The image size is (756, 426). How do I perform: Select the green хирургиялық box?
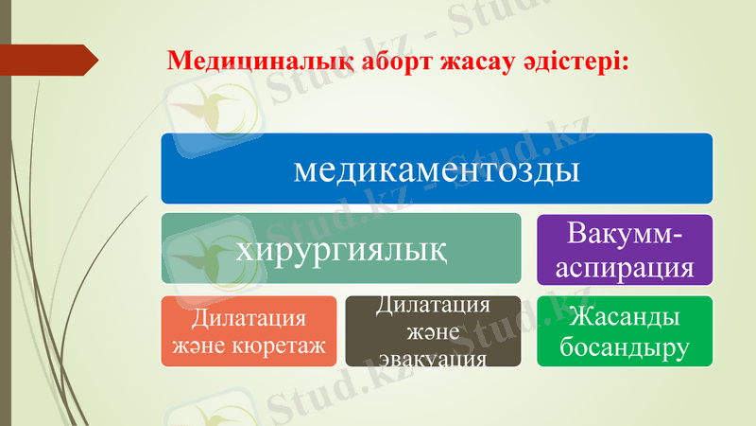pyautogui.click(x=340, y=249)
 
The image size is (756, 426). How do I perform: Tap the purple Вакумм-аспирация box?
pyautogui.click(x=624, y=249)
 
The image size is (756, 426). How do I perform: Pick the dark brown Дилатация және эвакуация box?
pyautogui.click(x=432, y=331)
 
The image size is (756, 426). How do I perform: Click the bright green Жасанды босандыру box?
pyautogui.click(x=624, y=331)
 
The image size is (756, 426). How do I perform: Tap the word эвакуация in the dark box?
pyautogui.click(x=433, y=360)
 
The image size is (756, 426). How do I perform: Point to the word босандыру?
pyautogui.click(x=624, y=348)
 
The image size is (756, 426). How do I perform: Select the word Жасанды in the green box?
pyautogui.click(x=624, y=315)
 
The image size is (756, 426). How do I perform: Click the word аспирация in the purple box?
pyautogui.click(x=624, y=266)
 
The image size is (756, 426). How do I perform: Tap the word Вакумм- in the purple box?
pyautogui.click(x=624, y=232)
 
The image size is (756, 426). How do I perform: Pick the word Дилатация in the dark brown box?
pyautogui.click(x=433, y=305)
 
